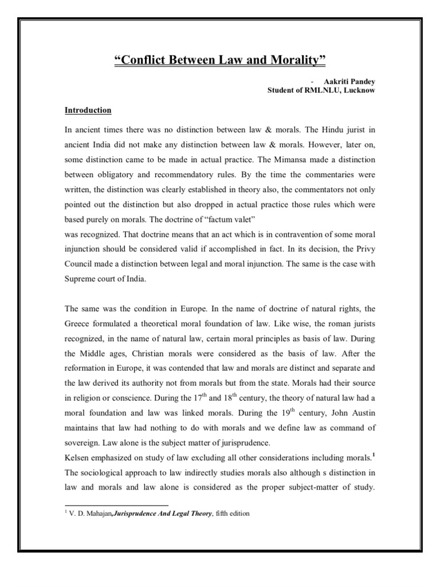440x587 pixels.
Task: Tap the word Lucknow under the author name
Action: click(357, 91)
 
